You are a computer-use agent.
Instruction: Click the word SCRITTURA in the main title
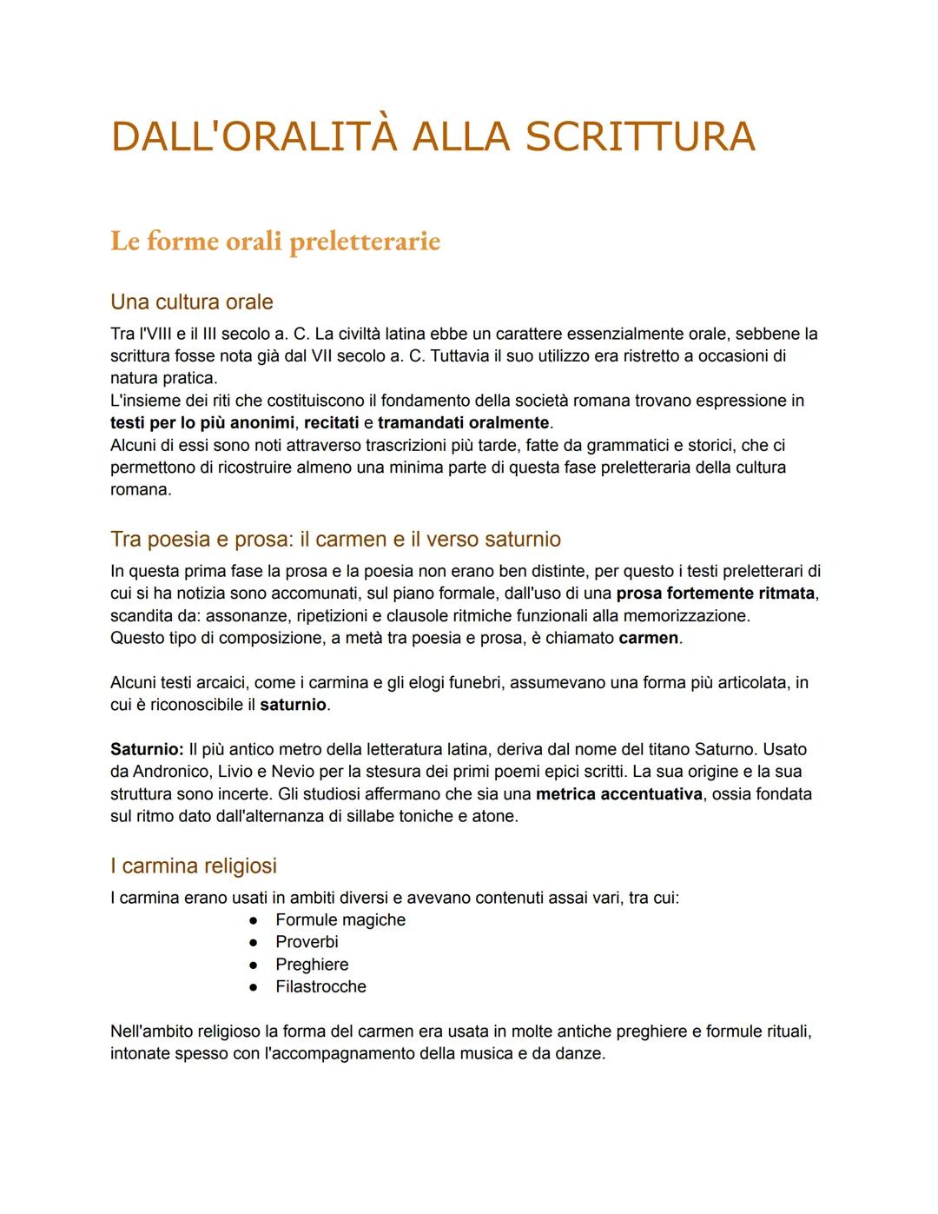click(640, 137)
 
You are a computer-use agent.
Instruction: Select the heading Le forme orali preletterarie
click(275, 242)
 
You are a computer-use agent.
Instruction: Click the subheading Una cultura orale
click(191, 302)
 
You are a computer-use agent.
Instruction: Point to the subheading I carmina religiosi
click(193, 866)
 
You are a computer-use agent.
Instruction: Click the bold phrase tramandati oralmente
click(464, 423)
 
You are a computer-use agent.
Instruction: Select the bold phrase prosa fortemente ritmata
click(717, 594)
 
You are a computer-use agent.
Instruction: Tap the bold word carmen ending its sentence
click(648, 638)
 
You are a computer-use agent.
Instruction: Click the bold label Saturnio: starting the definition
click(147, 749)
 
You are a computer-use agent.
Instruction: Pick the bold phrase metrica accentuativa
click(618, 793)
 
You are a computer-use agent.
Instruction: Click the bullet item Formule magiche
click(340, 919)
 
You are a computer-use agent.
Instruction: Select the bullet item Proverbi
click(307, 942)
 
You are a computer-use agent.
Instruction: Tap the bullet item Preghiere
click(312, 965)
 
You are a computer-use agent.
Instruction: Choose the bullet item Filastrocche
click(320, 987)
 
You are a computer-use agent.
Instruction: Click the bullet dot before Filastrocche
click(254, 987)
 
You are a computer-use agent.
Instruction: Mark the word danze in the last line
click(581, 1054)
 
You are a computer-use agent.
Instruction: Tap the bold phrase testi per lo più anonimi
click(202, 423)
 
